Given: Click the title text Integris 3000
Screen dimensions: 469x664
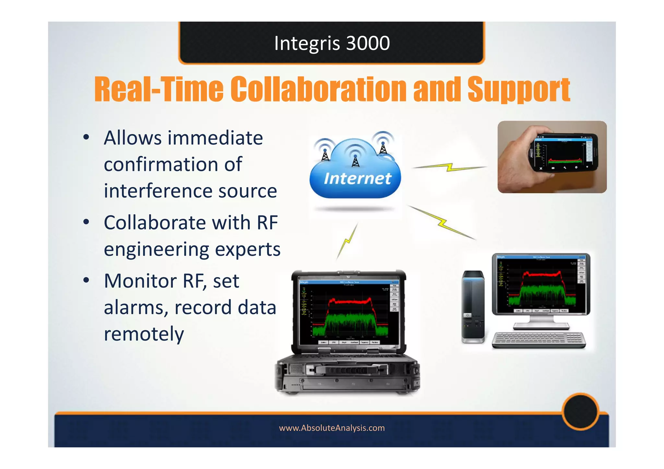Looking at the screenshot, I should point(332,43).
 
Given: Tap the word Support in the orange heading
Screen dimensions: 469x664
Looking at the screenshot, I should point(518,89).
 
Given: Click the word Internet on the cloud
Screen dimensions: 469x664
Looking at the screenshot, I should point(357,179).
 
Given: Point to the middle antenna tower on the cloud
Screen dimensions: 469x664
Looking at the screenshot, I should point(356,159).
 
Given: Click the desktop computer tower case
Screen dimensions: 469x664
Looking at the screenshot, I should point(473,306).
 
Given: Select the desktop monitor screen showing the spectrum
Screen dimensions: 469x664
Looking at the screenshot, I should point(541,283).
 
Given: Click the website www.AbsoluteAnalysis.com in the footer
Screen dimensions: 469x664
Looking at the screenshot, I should point(332,428).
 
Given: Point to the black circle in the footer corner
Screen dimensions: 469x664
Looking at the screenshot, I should point(580,411).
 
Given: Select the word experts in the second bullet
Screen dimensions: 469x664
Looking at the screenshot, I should point(248,250).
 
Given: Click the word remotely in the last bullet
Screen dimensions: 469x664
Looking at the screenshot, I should point(144,334).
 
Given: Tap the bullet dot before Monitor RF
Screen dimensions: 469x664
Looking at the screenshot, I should point(86,280).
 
